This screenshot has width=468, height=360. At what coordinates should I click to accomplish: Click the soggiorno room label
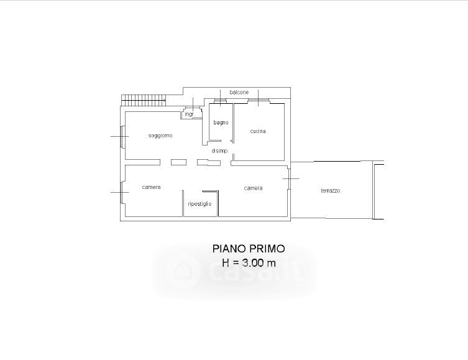[x=160, y=136]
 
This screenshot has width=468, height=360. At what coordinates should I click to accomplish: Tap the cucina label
[x=258, y=131]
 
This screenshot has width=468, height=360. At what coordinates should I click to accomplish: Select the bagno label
[x=221, y=122]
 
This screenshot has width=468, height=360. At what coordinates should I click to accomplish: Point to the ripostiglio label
[x=200, y=204]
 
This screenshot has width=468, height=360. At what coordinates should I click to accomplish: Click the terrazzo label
[x=331, y=190]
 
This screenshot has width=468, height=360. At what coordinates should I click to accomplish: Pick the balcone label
[x=239, y=92]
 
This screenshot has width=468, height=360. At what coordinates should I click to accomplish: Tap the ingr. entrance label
[x=190, y=114]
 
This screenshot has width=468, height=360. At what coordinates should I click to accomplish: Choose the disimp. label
[x=220, y=151]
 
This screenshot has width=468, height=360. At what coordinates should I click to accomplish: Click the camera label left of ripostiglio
[x=151, y=187]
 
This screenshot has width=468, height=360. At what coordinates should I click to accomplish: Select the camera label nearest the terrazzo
[x=253, y=188]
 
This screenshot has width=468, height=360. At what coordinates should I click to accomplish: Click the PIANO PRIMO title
[x=249, y=249]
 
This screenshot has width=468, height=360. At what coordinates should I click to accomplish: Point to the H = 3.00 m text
[x=249, y=262]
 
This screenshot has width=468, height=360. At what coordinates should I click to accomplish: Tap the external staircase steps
[x=144, y=100]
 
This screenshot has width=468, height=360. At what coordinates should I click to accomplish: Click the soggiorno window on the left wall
[x=122, y=136]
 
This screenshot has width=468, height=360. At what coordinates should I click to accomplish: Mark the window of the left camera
[x=122, y=193]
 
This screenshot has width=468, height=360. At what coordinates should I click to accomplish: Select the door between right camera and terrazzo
[x=289, y=179]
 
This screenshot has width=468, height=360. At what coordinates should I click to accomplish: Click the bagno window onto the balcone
[x=221, y=101]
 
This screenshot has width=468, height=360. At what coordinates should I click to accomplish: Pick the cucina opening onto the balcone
[x=259, y=101]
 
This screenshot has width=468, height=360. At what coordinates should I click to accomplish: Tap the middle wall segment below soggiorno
[x=178, y=162]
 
